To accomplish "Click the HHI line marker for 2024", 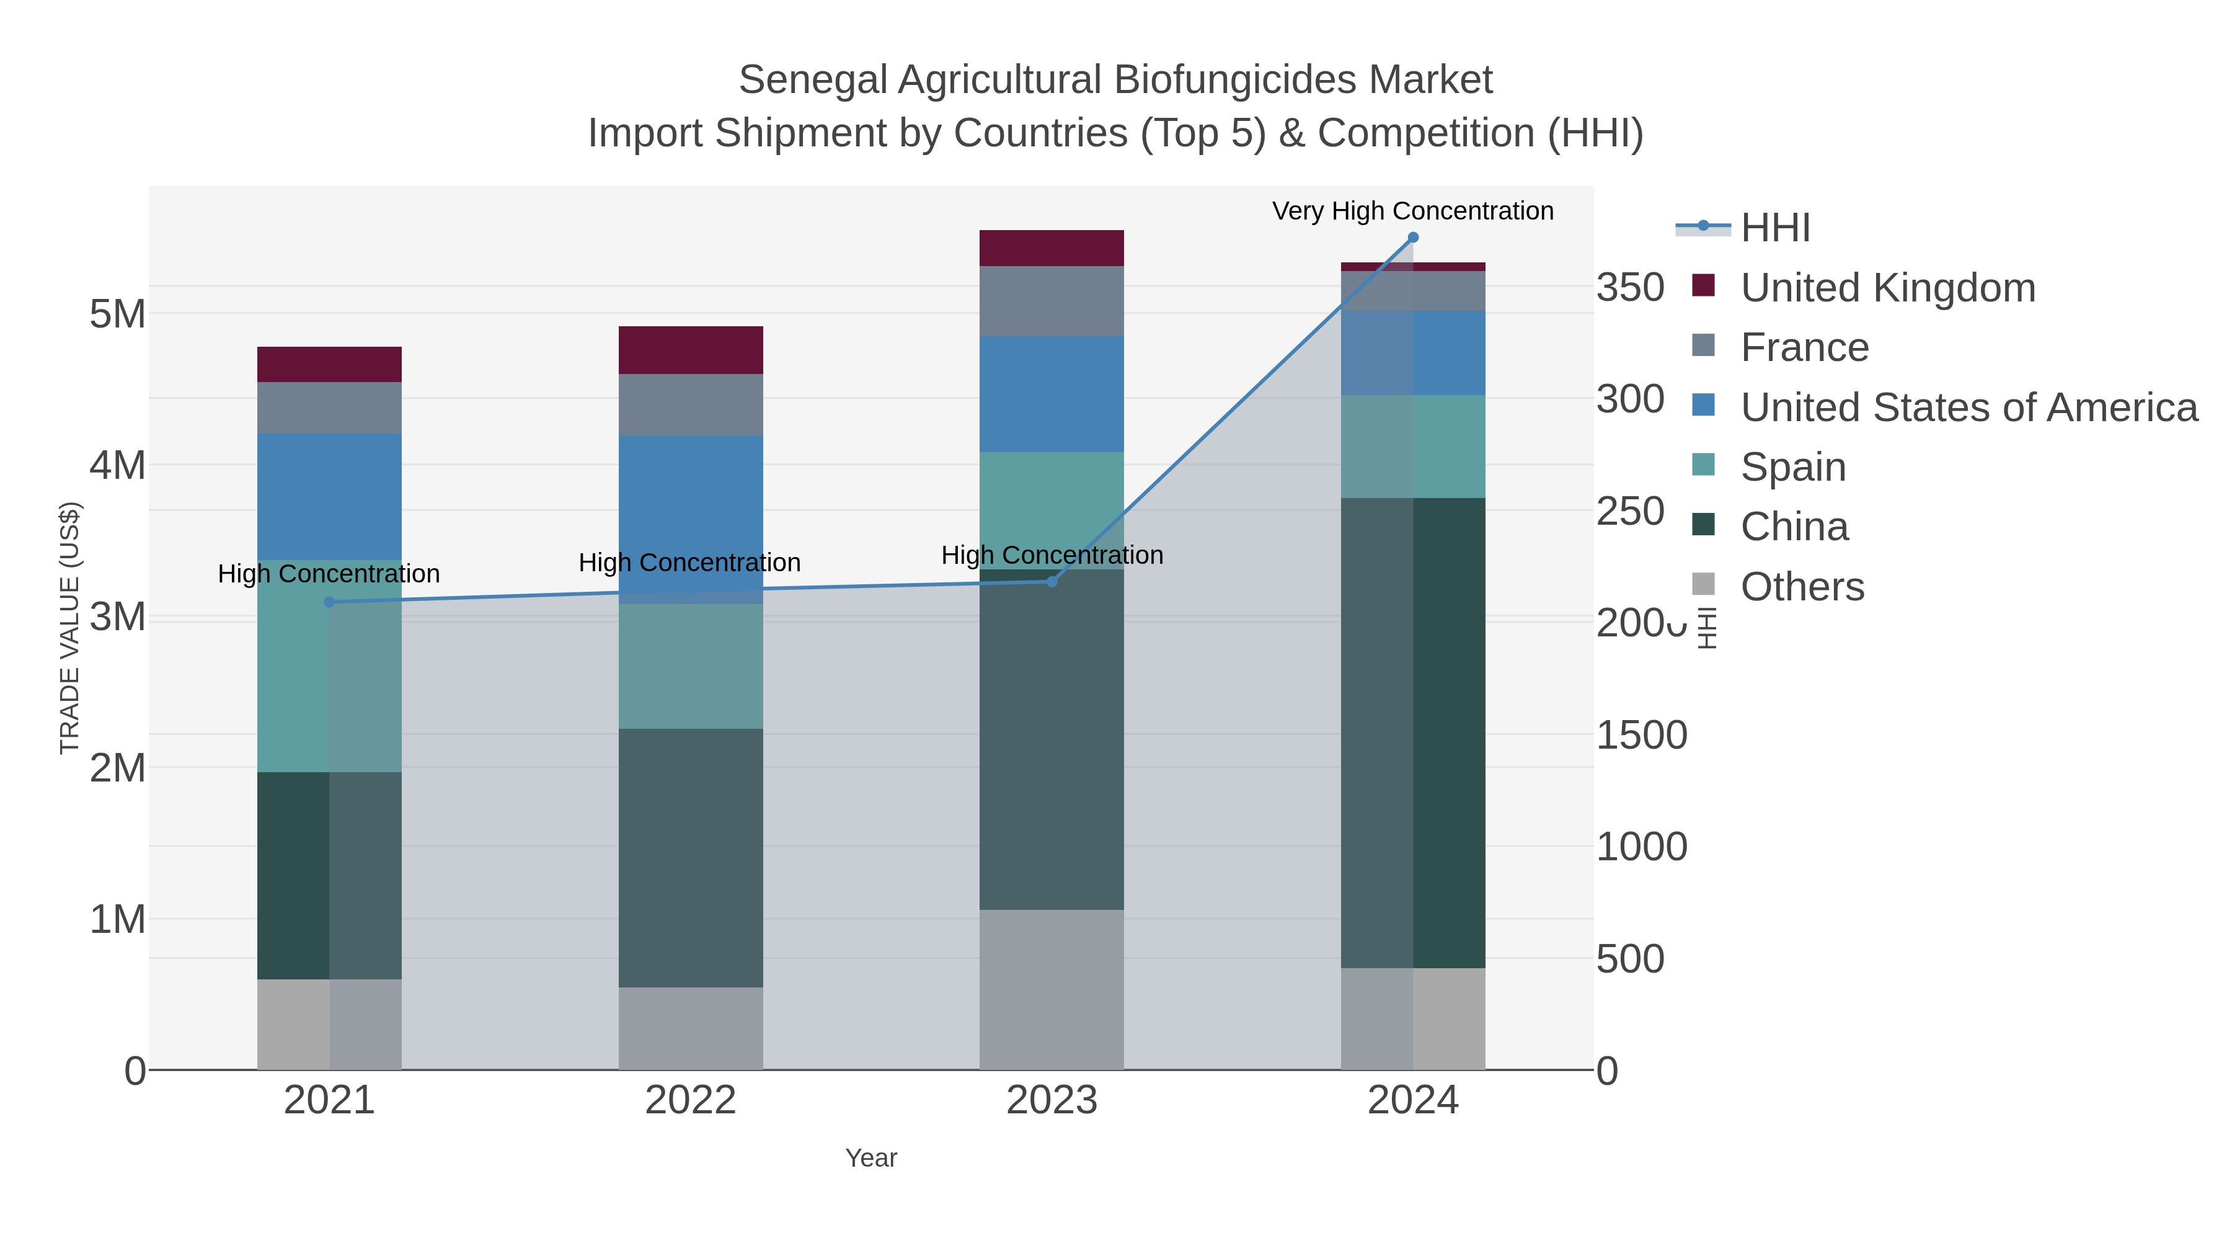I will click(x=1412, y=238).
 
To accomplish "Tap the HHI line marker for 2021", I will click(x=329, y=602).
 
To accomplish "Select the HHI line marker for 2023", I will click(x=1052, y=582).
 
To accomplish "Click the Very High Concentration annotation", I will click(x=1412, y=211).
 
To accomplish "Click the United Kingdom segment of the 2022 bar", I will click(x=691, y=350).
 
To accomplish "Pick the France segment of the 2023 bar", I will click(x=1052, y=301).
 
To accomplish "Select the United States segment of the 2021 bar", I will click(x=329, y=497).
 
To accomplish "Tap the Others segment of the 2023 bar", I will click(x=1052, y=989).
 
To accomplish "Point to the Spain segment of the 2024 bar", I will click(x=1412, y=447).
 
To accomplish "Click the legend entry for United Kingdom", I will click(x=1887, y=288).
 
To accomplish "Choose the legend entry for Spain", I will click(x=1792, y=467).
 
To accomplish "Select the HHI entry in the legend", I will click(x=1774, y=228).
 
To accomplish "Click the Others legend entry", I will click(x=1801, y=587).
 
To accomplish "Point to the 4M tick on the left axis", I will click(x=118, y=465).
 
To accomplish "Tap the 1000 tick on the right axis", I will click(x=1641, y=847).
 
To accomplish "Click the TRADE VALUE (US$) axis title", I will click(x=69, y=628).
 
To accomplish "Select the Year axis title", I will click(x=871, y=1158).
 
